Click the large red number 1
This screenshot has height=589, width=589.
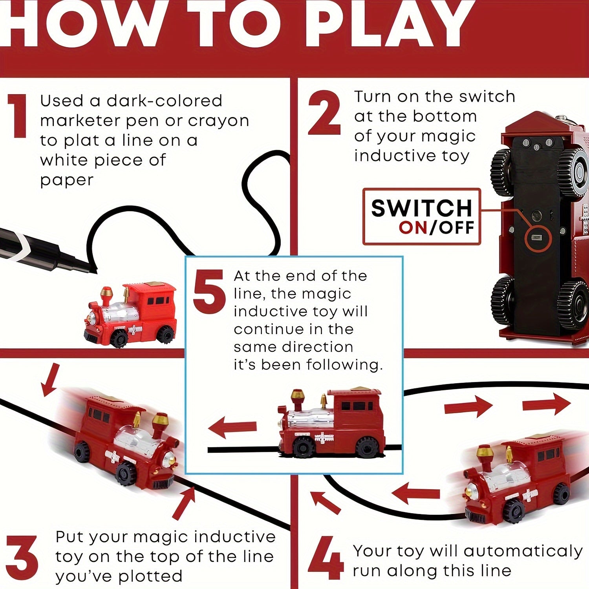pyautogui.click(x=18, y=116)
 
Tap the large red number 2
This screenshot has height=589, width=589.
pyautogui.click(x=324, y=113)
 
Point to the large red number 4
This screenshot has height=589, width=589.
pyautogui.click(x=326, y=558)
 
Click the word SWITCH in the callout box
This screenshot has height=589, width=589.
pyautogui.click(x=421, y=208)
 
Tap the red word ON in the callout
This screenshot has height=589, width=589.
pyautogui.click(x=413, y=228)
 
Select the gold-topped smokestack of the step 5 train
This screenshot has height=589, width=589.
pyautogui.click(x=297, y=401)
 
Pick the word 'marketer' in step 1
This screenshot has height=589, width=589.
pyautogui.click(x=80, y=121)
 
